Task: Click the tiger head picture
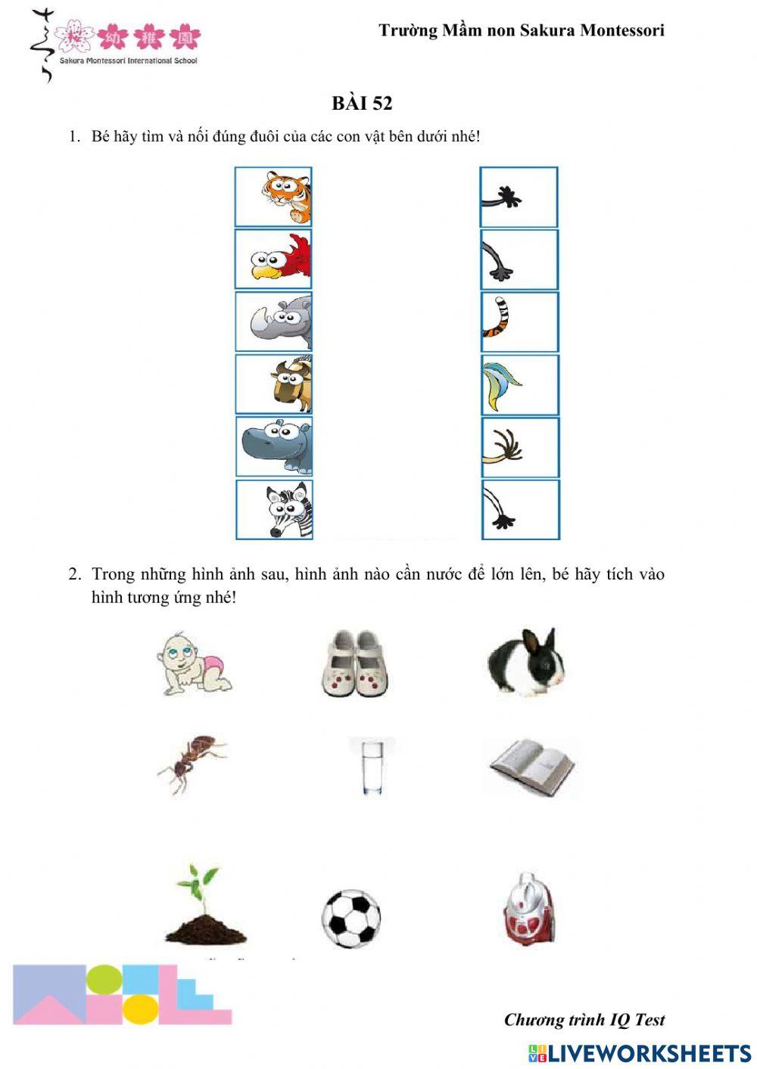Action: pyautogui.click(x=285, y=197)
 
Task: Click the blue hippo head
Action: pyautogui.click(x=277, y=446)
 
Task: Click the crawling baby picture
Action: pyautogui.click(x=194, y=664)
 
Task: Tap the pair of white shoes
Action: pyautogui.click(x=354, y=663)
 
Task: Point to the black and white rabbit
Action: pyautogui.click(x=527, y=663)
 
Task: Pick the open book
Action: pyautogui.click(x=532, y=767)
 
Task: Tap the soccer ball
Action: pyautogui.click(x=350, y=918)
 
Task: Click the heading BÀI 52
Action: pyautogui.click(x=362, y=104)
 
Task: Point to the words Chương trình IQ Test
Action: pyautogui.click(x=584, y=1020)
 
